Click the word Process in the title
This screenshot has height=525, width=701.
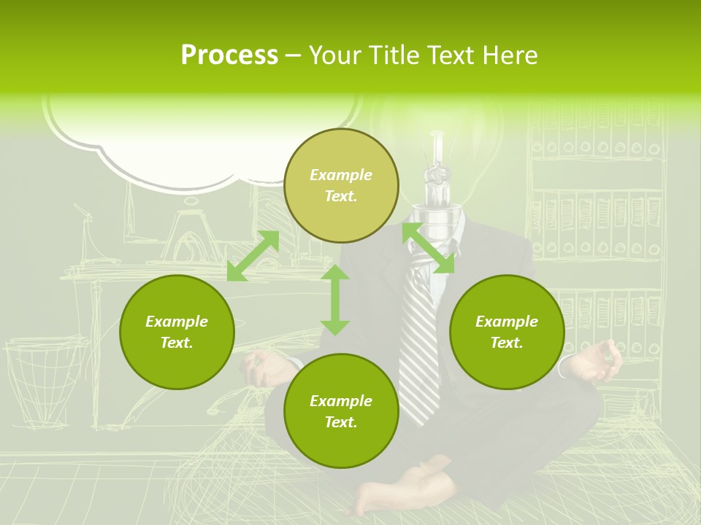click(229, 55)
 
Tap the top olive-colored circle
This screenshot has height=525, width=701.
click(341, 185)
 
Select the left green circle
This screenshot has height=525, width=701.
click(177, 332)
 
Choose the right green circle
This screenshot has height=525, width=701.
click(507, 332)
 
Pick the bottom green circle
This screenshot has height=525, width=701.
click(341, 411)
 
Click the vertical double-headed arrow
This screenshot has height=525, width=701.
click(335, 300)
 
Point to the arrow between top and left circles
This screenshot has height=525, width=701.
click(253, 255)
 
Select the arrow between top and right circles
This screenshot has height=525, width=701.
click(429, 249)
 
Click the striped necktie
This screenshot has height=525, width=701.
click(421, 343)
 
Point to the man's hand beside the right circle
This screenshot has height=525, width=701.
click(600, 361)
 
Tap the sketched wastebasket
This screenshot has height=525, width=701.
click(42, 379)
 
